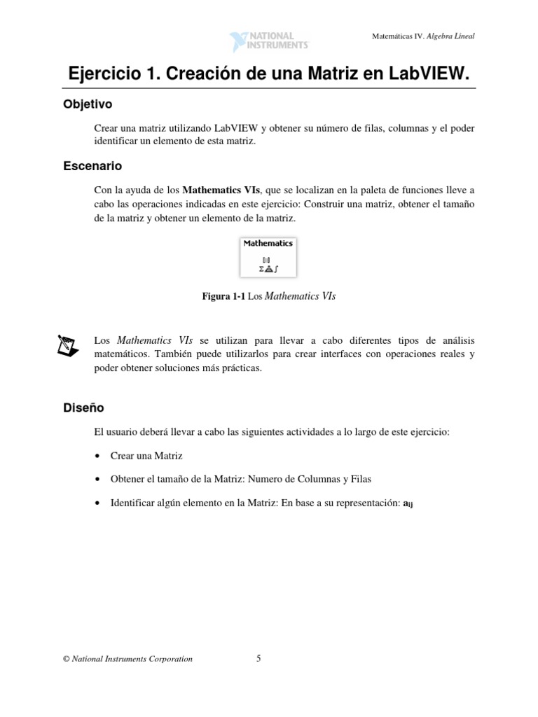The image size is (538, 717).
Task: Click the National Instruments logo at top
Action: click(x=269, y=40)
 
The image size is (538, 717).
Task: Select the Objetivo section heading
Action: click(x=88, y=104)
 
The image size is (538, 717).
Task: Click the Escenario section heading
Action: click(x=92, y=166)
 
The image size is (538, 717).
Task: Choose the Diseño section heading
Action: click(x=84, y=408)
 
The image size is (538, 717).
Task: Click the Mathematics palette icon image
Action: click(x=268, y=257)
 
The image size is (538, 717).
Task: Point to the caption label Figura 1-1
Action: click(x=223, y=297)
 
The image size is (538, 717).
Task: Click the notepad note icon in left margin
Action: click(x=67, y=345)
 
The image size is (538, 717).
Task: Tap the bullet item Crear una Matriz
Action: click(x=146, y=456)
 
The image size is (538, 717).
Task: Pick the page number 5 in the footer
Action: click(x=258, y=658)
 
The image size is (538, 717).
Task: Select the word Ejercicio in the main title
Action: click(x=104, y=74)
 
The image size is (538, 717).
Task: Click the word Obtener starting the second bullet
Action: click(x=127, y=480)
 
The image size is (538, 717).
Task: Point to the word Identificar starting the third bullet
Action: click(x=132, y=503)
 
